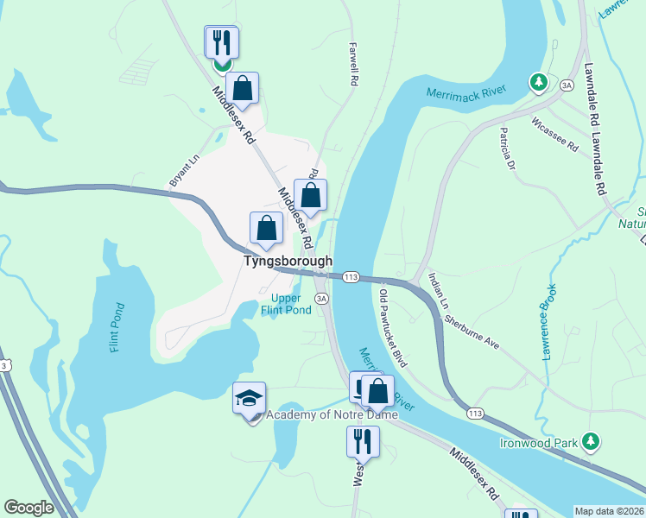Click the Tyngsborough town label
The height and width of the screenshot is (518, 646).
(x=288, y=260)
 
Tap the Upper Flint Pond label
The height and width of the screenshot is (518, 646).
(x=286, y=304)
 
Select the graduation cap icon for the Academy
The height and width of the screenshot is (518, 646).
(x=250, y=399)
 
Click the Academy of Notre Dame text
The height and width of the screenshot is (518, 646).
(x=332, y=415)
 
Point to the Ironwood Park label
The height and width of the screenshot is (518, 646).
(x=538, y=443)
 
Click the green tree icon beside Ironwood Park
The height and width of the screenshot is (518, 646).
(x=591, y=441)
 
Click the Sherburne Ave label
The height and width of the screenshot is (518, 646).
(x=472, y=330)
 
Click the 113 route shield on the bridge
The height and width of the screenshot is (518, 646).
(x=350, y=276)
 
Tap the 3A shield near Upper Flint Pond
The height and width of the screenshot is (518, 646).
(x=322, y=298)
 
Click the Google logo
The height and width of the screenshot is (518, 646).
(x=28, y=507)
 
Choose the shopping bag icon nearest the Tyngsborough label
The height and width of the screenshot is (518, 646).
(x=267, y=228)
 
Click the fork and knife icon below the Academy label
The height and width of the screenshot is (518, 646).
(x=363, y=441)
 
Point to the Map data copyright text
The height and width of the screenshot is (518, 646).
(x=610, y=511)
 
